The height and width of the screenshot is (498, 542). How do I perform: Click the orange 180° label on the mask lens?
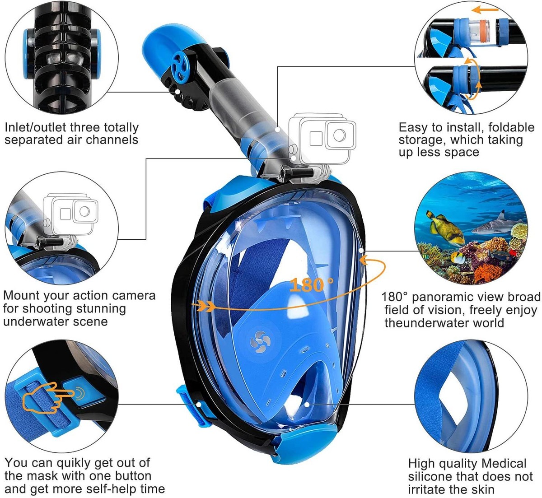[312, 285]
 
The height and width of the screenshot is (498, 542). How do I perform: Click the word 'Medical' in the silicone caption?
[504, 464]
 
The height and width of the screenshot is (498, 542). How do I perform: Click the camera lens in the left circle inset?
[83, 210]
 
